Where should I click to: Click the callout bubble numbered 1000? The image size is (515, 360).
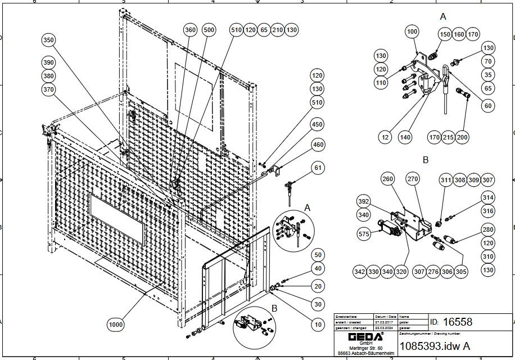coord(115,325)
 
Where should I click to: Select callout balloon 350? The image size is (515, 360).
coord(49,40)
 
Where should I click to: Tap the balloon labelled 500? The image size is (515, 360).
coord(209,30)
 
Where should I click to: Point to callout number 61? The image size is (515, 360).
coord(319,168)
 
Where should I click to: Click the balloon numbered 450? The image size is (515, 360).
coord(318,124)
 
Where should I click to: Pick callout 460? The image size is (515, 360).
coord(318,146)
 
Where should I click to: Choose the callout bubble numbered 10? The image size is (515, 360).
coord(318,325)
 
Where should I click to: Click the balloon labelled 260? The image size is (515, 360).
coord(388,179)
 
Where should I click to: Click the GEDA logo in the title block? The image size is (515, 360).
coord(365,337)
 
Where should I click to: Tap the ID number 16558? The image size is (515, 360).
coord(458,322)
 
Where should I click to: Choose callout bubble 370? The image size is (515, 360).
coord(49,89)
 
